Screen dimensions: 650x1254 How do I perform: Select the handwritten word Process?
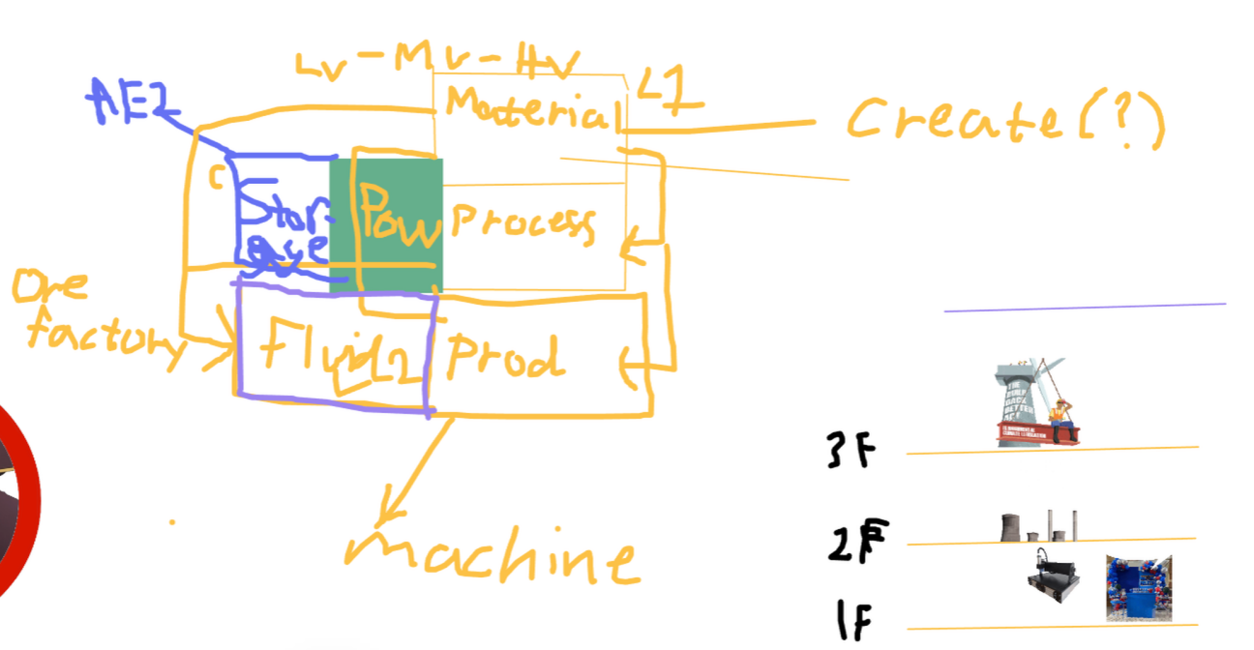pos(522,224)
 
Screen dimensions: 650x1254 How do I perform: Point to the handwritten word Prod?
pos(503,357)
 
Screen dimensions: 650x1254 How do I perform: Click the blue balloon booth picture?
pos(1138,587)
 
